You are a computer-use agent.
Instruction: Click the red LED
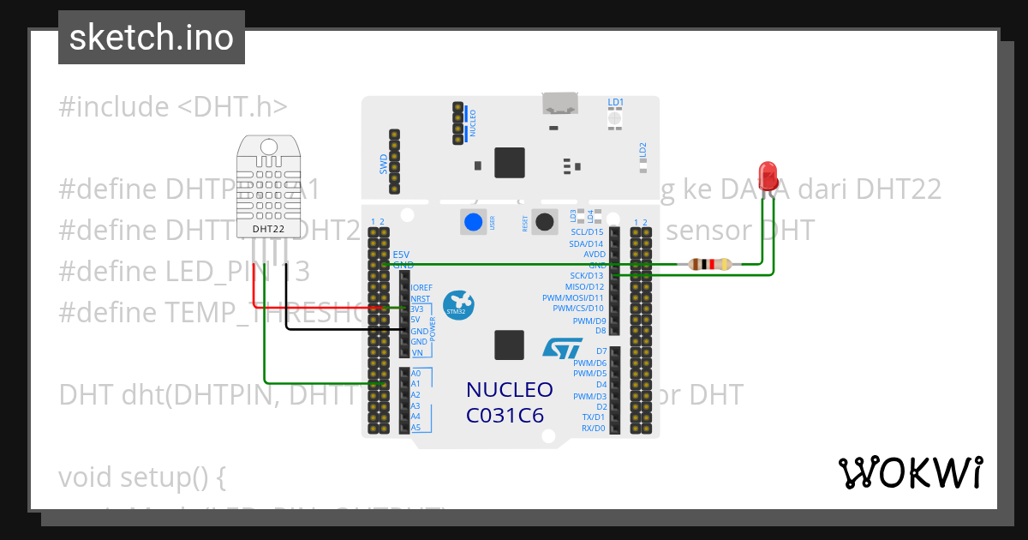point(768,175)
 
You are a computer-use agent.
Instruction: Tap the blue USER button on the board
point(472,222)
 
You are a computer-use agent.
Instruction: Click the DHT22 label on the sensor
point(270,229)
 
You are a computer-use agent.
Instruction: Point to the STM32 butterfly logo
point(458,305)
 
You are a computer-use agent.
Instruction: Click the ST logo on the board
point(562,348)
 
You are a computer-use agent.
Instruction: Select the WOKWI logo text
point(910,472)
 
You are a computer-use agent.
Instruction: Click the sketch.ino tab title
point(152,38)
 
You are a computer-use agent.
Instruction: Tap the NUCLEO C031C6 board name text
point(510,402)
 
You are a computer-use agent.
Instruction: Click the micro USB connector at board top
point(559,104)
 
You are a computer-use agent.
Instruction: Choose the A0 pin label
point(416,374)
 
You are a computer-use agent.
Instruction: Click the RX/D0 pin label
point(593,428)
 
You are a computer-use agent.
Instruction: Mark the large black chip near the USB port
point(510,162)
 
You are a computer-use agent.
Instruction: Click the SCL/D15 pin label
point(587,232)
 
